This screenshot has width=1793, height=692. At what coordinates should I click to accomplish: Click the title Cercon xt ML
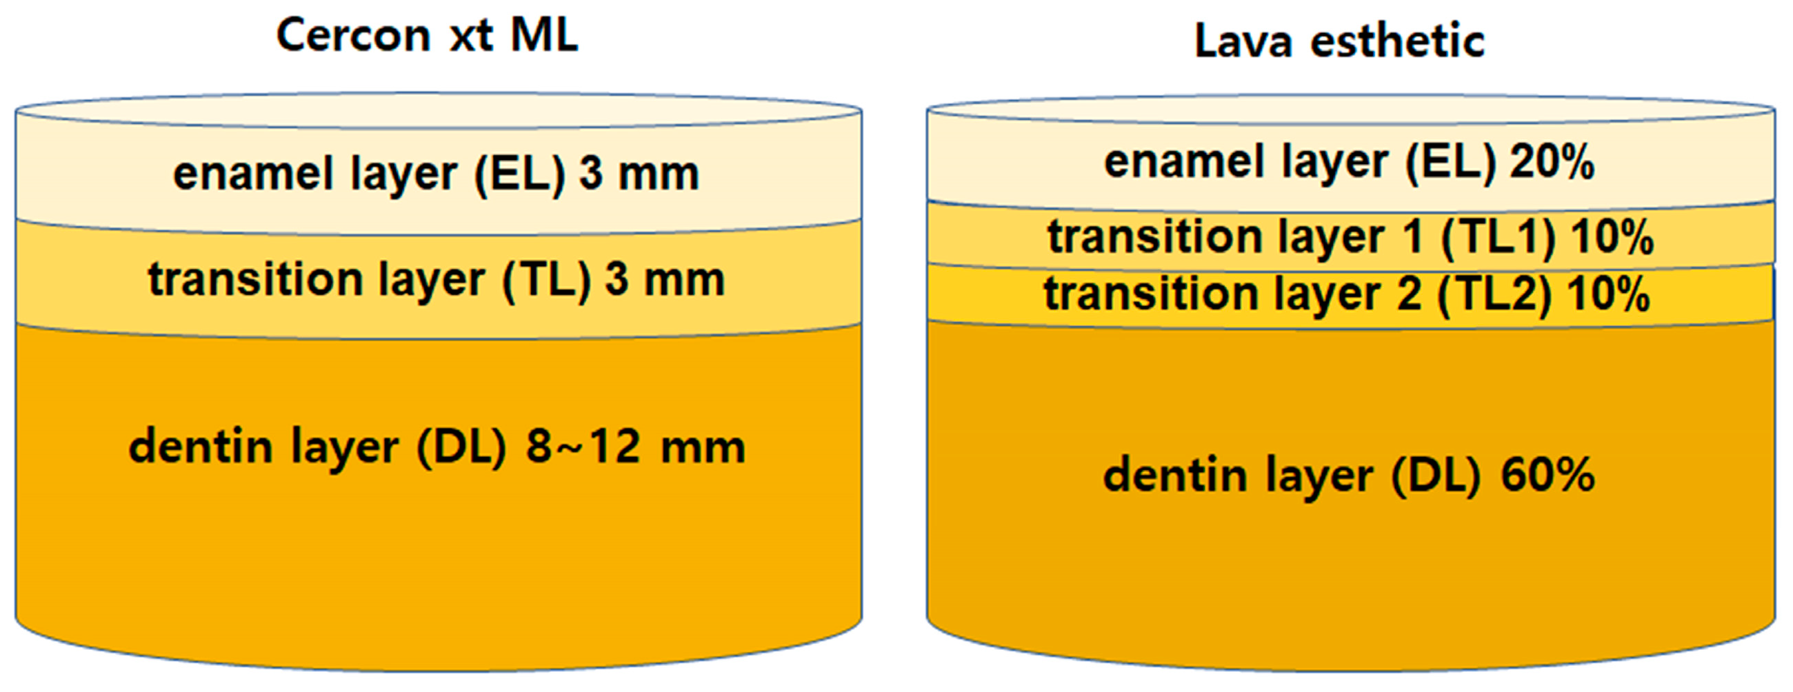[427, 35]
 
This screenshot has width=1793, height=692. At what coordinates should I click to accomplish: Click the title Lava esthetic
[1339, 42]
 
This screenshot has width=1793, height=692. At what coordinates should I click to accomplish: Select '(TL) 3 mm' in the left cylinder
[612, 281]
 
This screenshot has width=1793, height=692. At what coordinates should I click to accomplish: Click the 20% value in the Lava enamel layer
[1552, 163]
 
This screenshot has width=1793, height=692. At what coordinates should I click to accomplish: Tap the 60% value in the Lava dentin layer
[1547, 476]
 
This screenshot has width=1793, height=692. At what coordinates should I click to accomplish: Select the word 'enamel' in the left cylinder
[253, 174]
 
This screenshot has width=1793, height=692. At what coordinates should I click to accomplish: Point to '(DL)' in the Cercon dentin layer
[460, 447]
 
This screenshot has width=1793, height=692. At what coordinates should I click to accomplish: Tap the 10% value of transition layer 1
[1612, 238]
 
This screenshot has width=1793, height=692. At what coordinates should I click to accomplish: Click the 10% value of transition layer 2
[1608, 294]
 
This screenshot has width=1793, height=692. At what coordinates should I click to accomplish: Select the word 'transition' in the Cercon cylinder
[254, 281]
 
